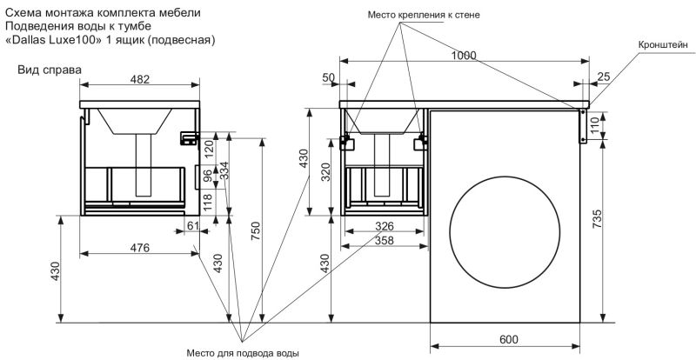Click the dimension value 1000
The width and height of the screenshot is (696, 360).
pyautogui.click(x=465, y=54)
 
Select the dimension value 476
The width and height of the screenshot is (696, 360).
pyautogui.click(x=140, y=247)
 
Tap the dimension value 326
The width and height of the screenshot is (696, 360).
pyautogui.click(x=385, y=226)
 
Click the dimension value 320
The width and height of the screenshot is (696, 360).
pyautogui.click(x=324, y=170)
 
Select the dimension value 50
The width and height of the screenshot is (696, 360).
pyautogui.click(x=328, y=77)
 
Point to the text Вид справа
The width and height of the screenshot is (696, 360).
pyautogui.click(x=50, y=69)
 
